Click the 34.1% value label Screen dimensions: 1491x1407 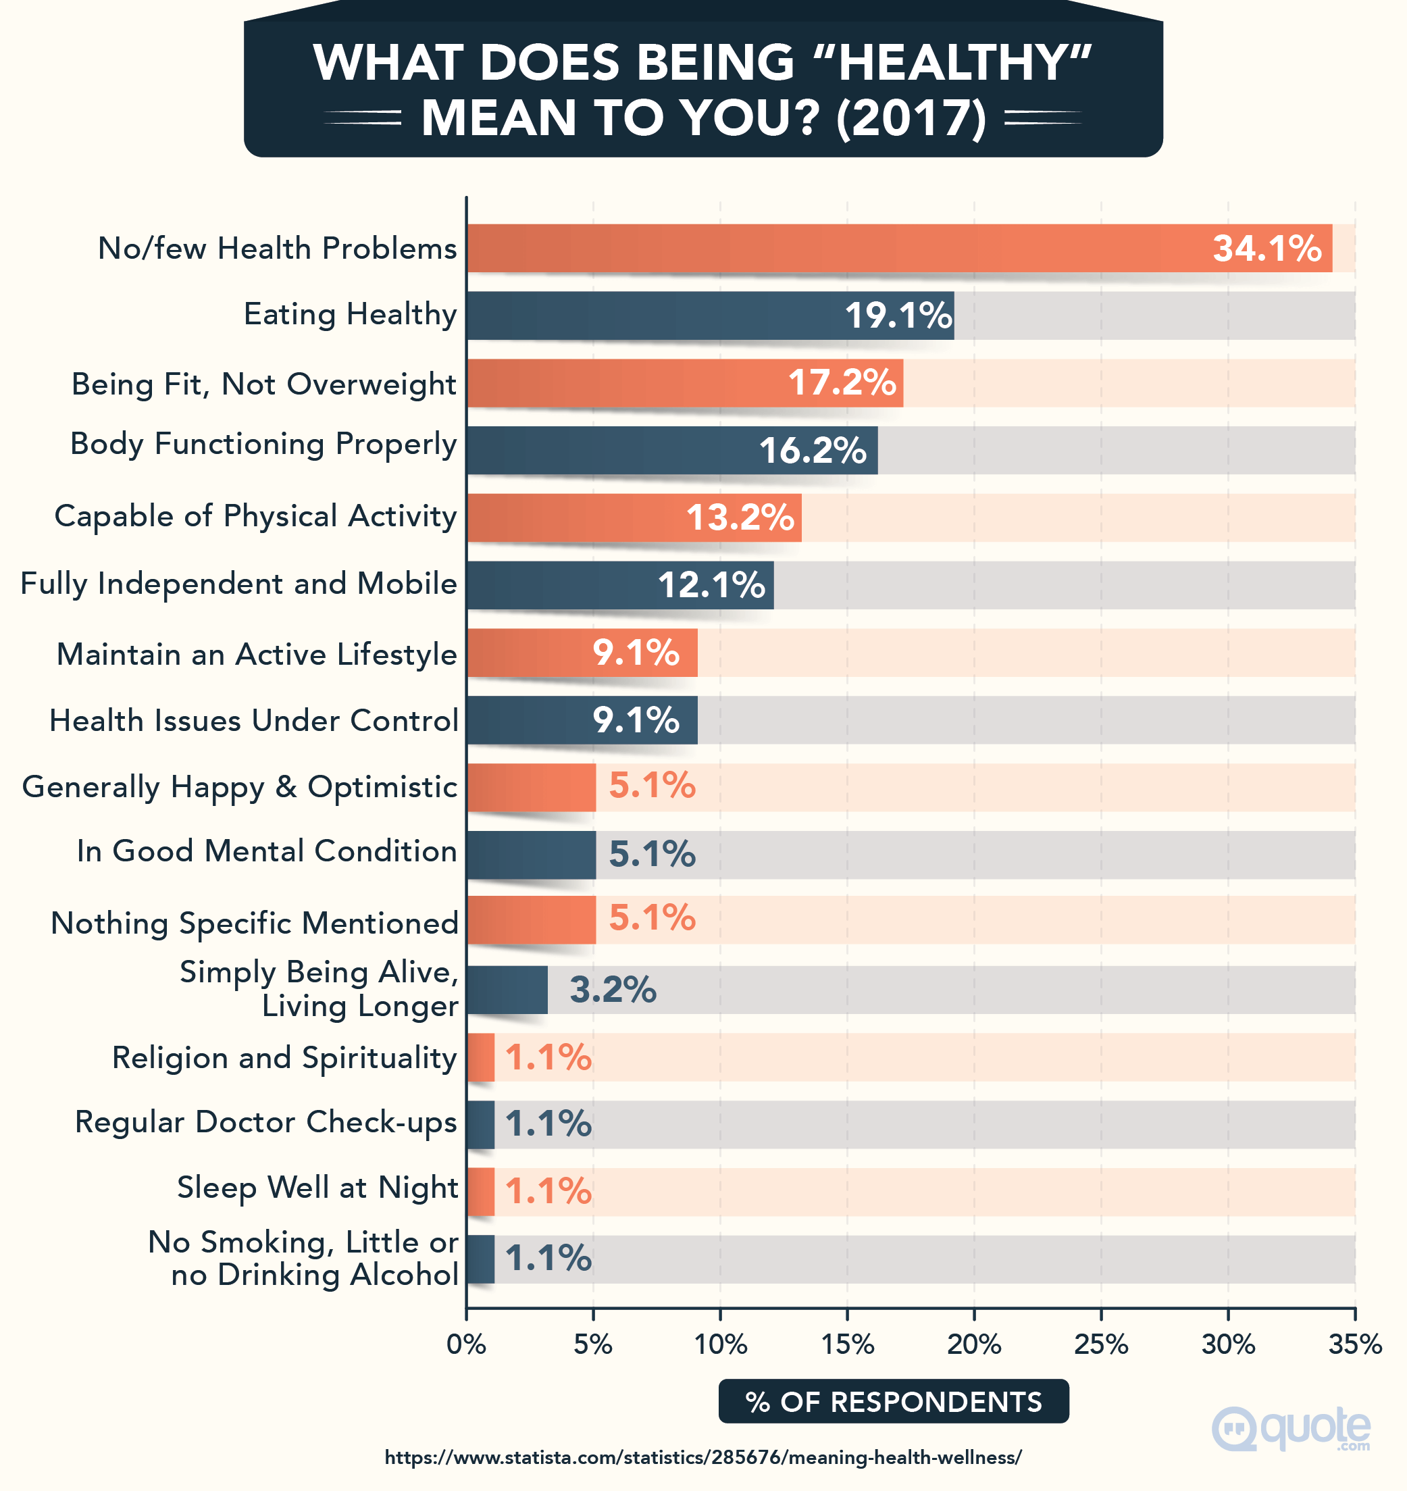pyautogui.click(x=1267, y=248)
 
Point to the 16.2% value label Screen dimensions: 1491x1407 pyautogui.click(x=812, y=451)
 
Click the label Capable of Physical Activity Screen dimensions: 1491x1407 pyautogui.click(x=256, y=516)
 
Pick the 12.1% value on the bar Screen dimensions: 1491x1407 pyautogui.click(x=711, y=585)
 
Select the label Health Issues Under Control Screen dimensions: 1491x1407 pyautogui.click(x=253, y=720)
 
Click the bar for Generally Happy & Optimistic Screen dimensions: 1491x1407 pyautogui.click(x=531, y=788)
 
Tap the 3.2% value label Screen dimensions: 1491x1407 pyautogui.click(x=613, y=989)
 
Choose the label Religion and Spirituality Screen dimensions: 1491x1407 pyautogui.click(x=284, y=1057)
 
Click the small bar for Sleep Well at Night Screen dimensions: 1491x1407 pyautogui.click(x=480, y=1192)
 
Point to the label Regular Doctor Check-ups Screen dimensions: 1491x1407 pyautogui.click(x=265, y=1122)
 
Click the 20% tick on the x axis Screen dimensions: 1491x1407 pyautogui.click(x=973, y=1344)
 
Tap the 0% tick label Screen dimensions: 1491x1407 pyautogui.click(x=466, y=1344)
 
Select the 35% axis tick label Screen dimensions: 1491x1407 pyautogui.click(x=1354, y=1344)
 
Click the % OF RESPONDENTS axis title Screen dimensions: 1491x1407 pyautogui.click(x=893, y=1401)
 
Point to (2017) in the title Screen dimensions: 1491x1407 pyautogui.click(x=911, y=118)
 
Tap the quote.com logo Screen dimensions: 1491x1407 pyautogui.click(x=1291, y=1429)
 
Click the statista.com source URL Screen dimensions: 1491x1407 pyautogui.click(x=702, y=1457)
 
